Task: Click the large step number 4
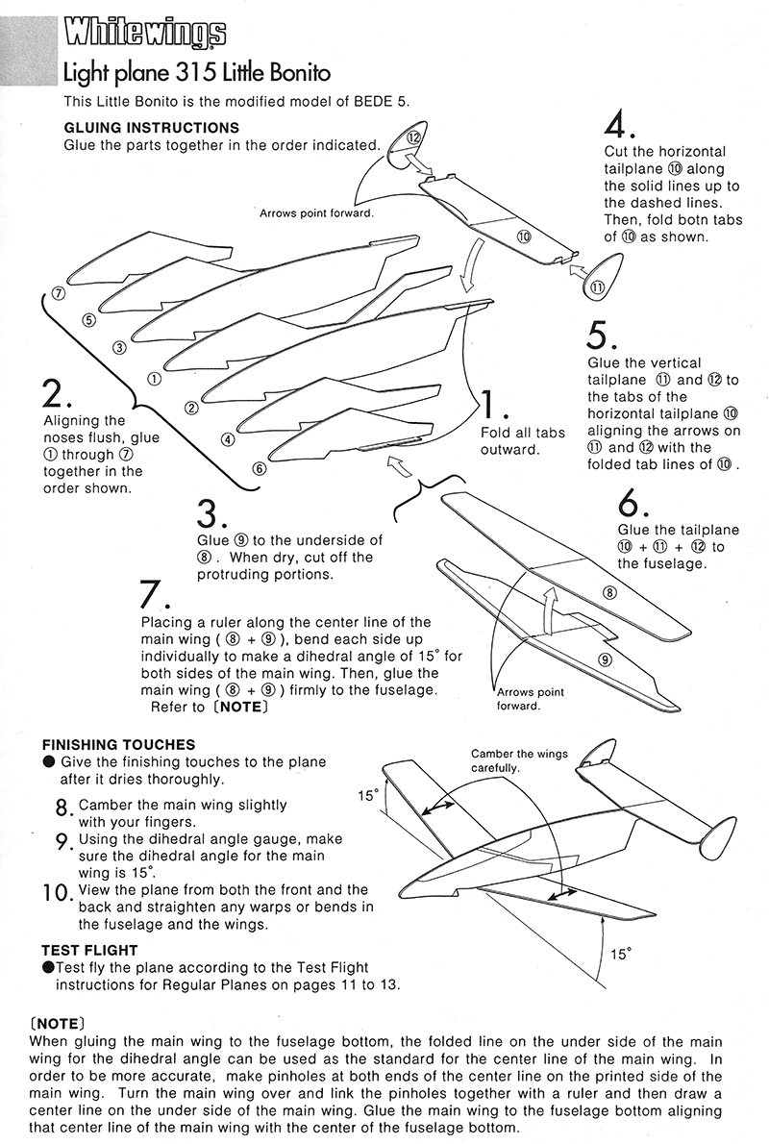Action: [x=616, y=125]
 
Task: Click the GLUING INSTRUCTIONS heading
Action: [x=151, y=128]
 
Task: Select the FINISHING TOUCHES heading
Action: [x=119, y=744]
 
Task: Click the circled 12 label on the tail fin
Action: [x=413, y=137]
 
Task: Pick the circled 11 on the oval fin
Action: [x=598, y=286]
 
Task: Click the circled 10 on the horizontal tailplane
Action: [x=524, y=235]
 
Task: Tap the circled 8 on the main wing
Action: [x=608, y=592]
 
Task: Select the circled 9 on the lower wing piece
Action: [x=604, y=659]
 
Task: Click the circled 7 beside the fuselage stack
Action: [x=59, y=293]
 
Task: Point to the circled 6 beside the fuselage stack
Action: [x=259, y=468]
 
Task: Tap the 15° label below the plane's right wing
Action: [x=621, y=954]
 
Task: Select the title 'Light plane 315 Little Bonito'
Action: [x=197, y=73]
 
